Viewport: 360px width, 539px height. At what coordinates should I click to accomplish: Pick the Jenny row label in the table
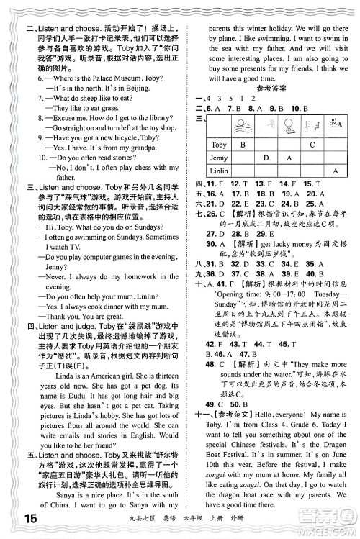coord(219,158)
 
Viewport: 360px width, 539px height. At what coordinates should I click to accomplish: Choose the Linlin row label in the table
coord(220,171)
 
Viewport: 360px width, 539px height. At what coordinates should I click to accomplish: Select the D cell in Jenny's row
coord(266,158)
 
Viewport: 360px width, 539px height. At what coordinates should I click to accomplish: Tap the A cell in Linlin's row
coord(335,171)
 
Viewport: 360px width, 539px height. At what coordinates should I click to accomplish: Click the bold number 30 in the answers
coord(211,243)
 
